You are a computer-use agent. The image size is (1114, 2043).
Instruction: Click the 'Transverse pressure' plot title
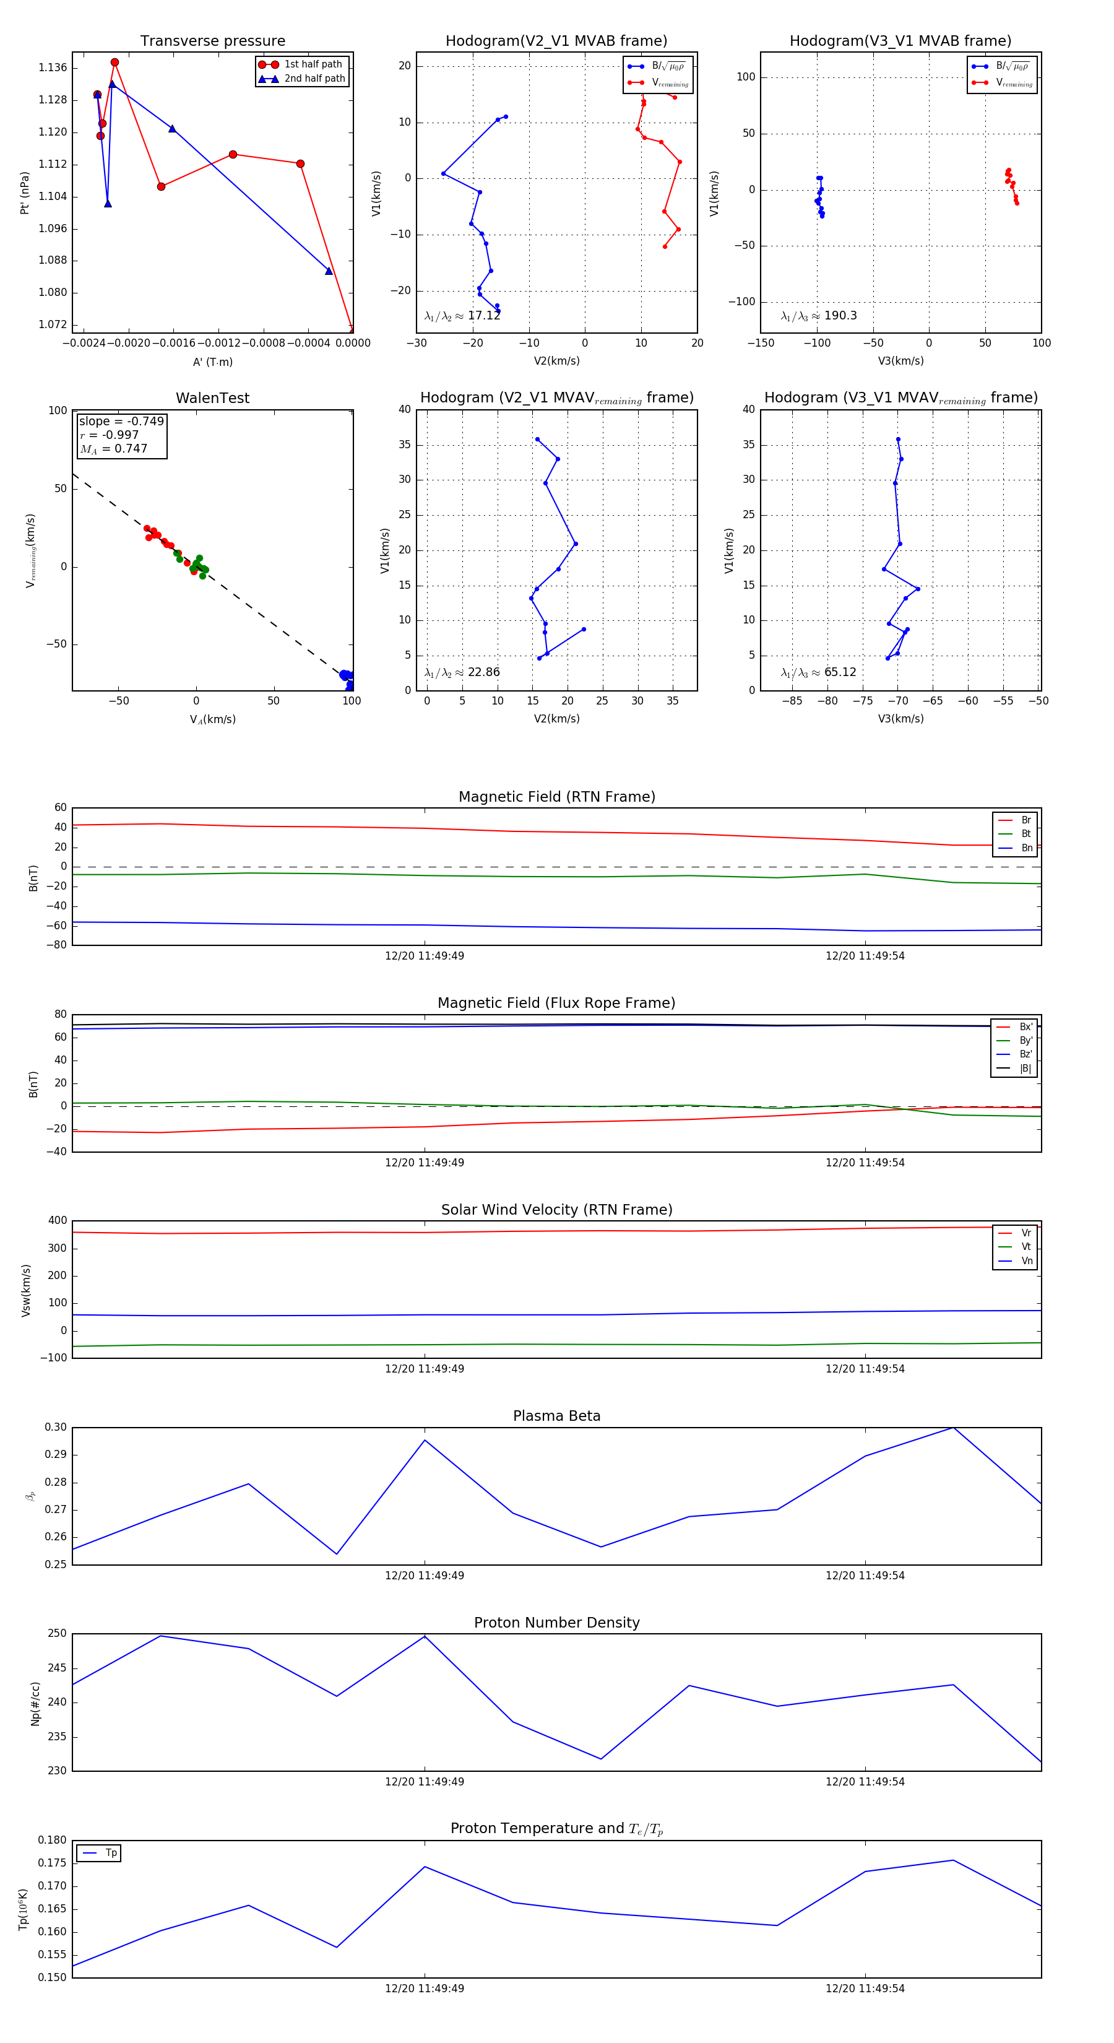212,41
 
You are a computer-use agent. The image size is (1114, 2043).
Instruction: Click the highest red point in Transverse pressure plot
115,63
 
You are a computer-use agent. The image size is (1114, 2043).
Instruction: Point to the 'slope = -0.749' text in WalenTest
121,421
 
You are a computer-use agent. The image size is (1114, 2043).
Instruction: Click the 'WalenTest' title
212,398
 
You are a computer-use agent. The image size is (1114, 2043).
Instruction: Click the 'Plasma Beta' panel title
556,1416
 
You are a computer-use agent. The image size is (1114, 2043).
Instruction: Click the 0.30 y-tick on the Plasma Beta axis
56,1428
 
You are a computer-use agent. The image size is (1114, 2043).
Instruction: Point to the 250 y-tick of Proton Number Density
57,1634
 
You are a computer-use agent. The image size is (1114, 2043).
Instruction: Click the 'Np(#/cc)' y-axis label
35,1703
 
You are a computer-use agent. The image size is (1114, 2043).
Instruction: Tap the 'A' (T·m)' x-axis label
212,362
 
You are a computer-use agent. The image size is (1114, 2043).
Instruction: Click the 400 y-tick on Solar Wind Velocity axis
57,1221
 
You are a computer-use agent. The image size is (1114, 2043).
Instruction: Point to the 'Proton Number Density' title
556,1623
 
